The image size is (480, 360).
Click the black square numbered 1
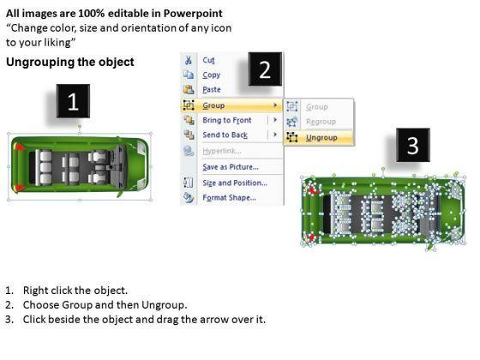[73, 101]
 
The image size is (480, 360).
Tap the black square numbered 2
[265, 69]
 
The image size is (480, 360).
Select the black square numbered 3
[413, 145]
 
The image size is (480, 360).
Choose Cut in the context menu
[209, 60]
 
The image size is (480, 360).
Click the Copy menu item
[211, 75]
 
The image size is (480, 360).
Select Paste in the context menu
[212, 90]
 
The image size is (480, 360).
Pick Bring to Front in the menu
[227, 120]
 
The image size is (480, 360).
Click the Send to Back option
[225, 135]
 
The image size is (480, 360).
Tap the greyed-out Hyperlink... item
[222, 151]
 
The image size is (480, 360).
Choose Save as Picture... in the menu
[231, 167]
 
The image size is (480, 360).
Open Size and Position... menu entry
[235, 183]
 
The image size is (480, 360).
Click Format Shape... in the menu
[230, 197]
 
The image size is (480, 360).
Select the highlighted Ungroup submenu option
[321, 138]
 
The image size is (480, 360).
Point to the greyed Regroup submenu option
[321, 122]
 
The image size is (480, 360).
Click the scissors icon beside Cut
[189, 60]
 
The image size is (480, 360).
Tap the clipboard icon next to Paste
[189, 89]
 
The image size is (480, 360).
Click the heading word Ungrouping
[40, 62]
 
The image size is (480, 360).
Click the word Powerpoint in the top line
[193, 13]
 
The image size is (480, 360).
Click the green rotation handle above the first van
[80, 126]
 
